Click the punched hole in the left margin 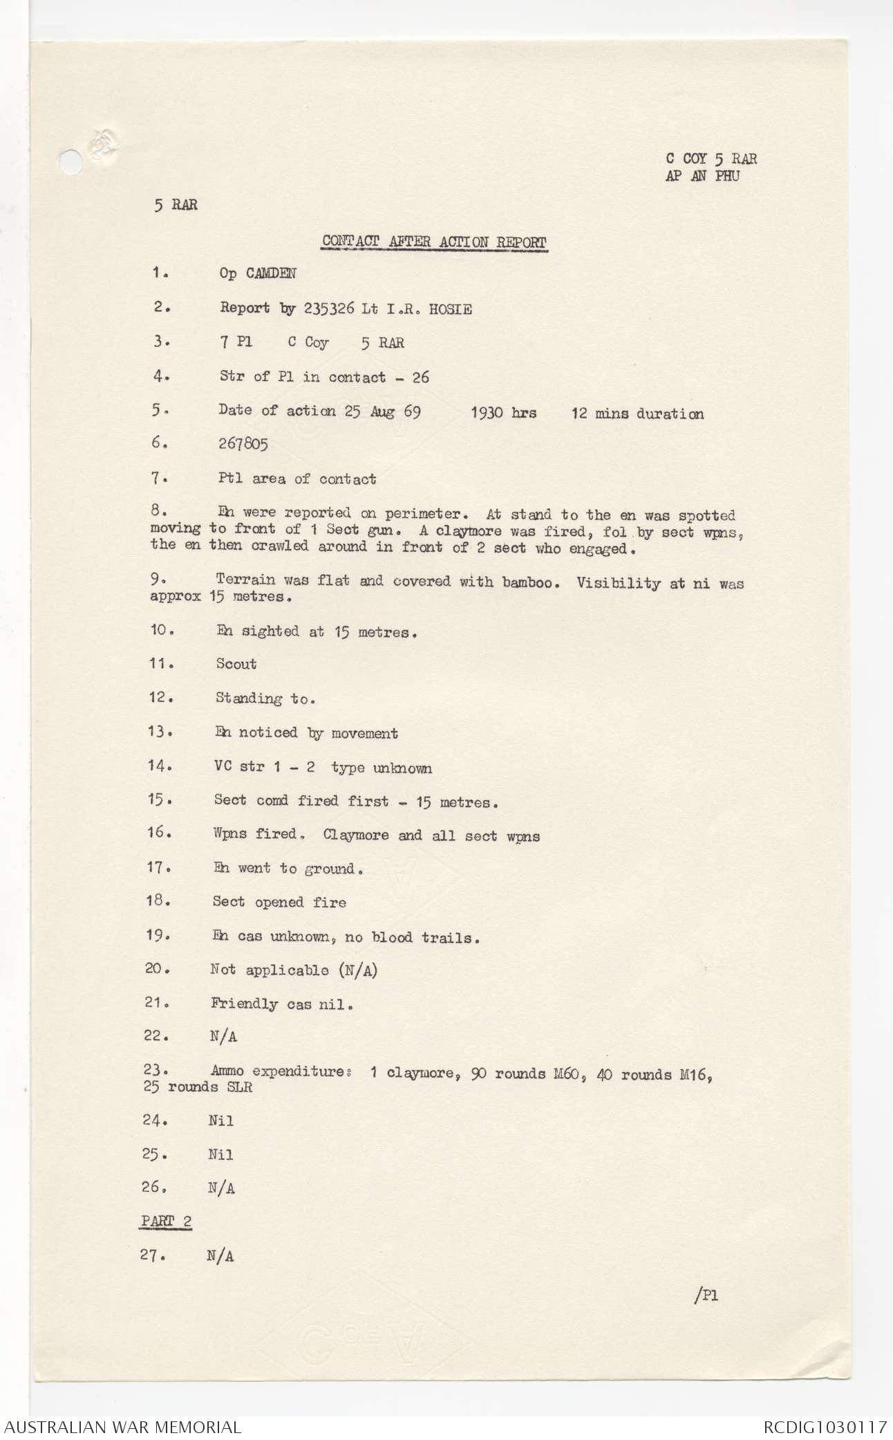pos(68,160)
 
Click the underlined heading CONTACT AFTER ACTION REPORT pos(434,242)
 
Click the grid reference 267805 pos(243,445)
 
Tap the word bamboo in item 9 pos(527,582)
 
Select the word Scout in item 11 pos(236,664)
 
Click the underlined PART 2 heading pos(166,1221)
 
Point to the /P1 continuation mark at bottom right pos(704,1295)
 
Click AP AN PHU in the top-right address pos(701,176)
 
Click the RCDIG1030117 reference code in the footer pos(825,1426)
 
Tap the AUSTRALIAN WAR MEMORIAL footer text pos(121,1426)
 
